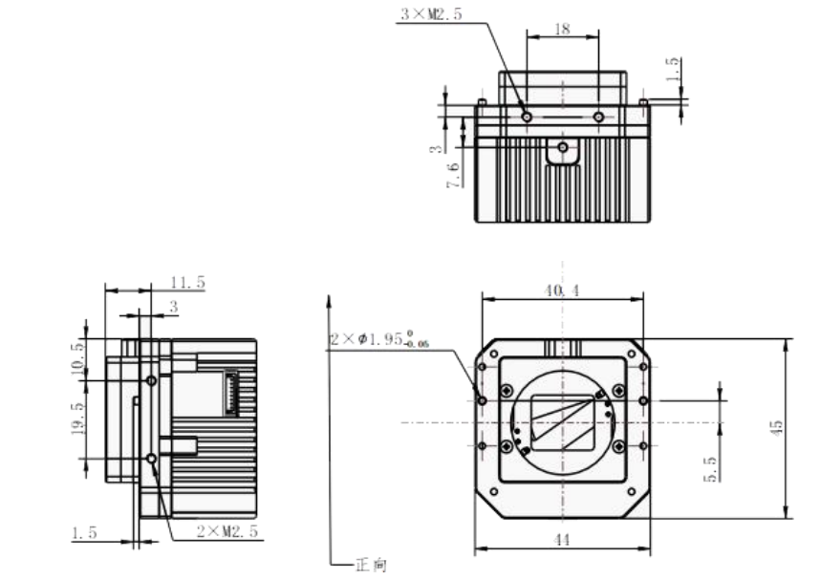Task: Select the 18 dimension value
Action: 562,30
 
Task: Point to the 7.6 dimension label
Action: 453,175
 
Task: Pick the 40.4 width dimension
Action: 562,290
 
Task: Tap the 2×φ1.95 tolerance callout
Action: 380,340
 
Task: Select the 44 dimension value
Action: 562,540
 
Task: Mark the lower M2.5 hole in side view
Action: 151,460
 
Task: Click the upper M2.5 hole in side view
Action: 151,380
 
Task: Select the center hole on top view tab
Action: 563,148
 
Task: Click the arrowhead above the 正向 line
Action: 329,302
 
